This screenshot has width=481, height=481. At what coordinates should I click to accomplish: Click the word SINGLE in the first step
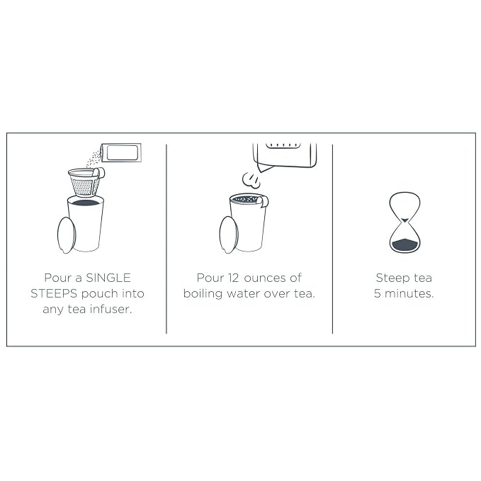pyautogui.click(x=108, y=278)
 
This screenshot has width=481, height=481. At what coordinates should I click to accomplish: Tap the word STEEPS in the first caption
pyautogui.click(x=54, y=293)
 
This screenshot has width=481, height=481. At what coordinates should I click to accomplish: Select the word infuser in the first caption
pyautogui.click(x=111, y=309)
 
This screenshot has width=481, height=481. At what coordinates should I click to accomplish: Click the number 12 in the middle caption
pyautogui.click(x=233, y=278)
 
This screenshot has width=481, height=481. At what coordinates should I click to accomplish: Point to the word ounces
pyautogui.click(x=265, y=278)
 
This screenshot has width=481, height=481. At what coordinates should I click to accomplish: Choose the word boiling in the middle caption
pyautogui.click(x=203, y=294)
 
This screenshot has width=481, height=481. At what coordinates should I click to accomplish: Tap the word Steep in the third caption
pyautogui.click(x=393, y=278)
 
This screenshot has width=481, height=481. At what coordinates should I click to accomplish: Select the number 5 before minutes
pyautogui.click(x=378, y=293)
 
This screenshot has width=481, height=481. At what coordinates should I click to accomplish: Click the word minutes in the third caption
pyautogui.click(x=409, y=293)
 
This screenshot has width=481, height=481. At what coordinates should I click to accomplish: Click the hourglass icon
pyautogui.click(x=404, y=222)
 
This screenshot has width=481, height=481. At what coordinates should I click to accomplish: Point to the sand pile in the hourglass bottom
pyautogui.click(x=405, y=244)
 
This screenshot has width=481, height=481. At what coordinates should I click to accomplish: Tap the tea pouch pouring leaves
pyautogui.click(x=121, y=152)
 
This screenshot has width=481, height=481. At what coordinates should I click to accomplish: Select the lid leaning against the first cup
pyautogui.click(x=67, y=235)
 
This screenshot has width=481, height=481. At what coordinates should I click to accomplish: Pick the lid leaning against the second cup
pyautogui.click(x=229, y=235)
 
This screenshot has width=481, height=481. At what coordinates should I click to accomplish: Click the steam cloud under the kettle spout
pyautogui.click(x=252, y=180)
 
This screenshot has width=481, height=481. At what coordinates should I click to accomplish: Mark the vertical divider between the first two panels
pyautogui.click(x=166, y=239)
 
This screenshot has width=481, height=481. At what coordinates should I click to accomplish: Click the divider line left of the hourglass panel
pyautogui.click(x=332, y=239)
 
